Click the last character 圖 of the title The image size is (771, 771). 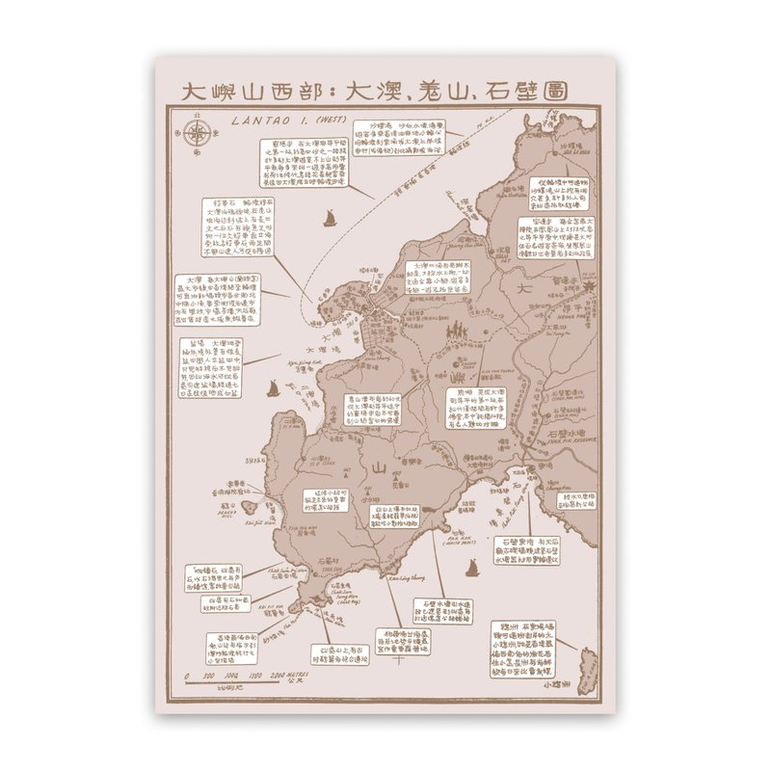coord(552,92)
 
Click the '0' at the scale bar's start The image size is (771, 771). coord(187,677)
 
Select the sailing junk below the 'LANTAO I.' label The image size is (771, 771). coord(328,218)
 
